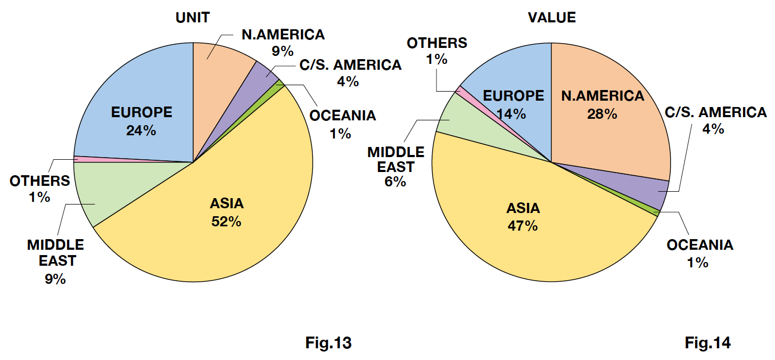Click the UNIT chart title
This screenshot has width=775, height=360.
(x=192, y=17)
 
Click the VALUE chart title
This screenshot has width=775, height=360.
(x=551, y=17)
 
